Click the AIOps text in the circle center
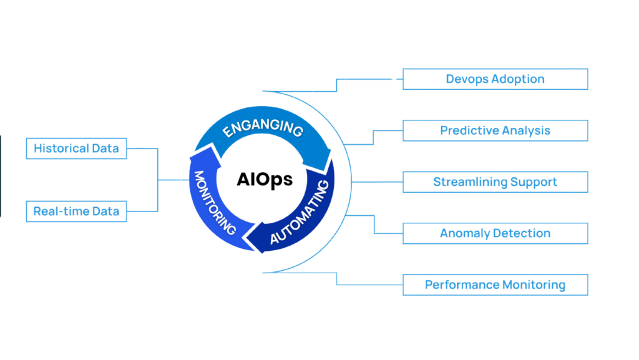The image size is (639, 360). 265,180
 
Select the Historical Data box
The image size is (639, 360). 77,149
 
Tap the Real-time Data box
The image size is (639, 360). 77,212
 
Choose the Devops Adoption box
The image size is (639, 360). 495,80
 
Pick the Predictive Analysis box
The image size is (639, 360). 495,131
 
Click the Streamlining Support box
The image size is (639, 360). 495,182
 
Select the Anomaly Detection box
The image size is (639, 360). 495,233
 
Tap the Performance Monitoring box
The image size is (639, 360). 495,285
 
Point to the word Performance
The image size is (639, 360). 461,285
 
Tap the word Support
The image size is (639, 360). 534,182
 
